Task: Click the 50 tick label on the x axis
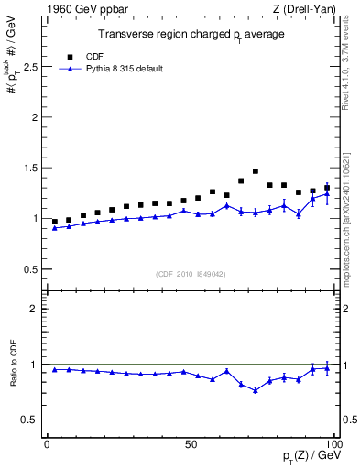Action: pyautogui.click(x=191, y=443)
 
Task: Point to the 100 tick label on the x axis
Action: pyautogui.click(x=333, y=443)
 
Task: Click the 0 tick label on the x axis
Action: pyautogui.click(x=47, y=443)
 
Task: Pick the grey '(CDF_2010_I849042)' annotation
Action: pyautogui.click(x=190, y=272)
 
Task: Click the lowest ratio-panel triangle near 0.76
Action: pyautogui.click(x=256, y=391)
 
